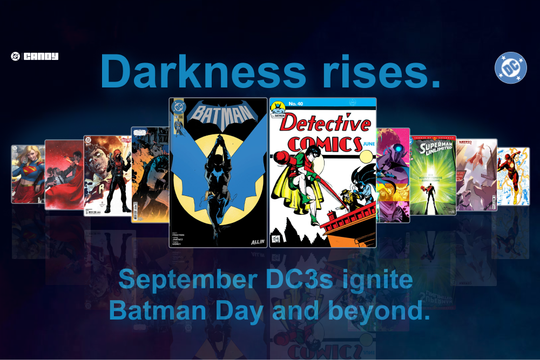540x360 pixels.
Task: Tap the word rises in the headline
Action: (x=380, y=72)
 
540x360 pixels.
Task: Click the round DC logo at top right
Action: (x=510, y=67)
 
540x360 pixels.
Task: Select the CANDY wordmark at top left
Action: (x=40, y=56)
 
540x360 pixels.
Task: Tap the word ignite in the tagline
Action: (x=387, y=281)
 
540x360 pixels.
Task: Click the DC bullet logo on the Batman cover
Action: (x=178, y=107)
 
